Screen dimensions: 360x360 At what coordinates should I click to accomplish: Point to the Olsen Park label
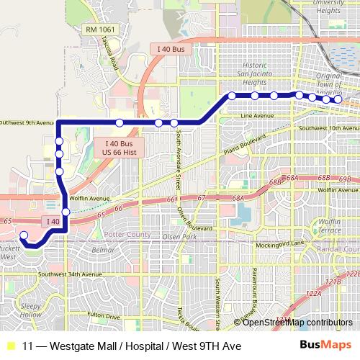[x=180, y=236]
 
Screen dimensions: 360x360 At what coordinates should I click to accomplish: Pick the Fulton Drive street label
[x=104, y=315]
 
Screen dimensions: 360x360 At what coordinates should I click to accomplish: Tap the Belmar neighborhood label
[x=104, y=250]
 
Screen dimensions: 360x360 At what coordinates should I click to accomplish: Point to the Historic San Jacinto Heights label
[x=256, y=77]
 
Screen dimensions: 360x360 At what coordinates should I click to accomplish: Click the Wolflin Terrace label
[x=336, y=206]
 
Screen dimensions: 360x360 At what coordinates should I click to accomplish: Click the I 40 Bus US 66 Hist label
[x=119, y=148]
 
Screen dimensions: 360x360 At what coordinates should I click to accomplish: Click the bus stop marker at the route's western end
[x=23, y=235]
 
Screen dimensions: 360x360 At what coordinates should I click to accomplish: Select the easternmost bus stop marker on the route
[x=337, y=99]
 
